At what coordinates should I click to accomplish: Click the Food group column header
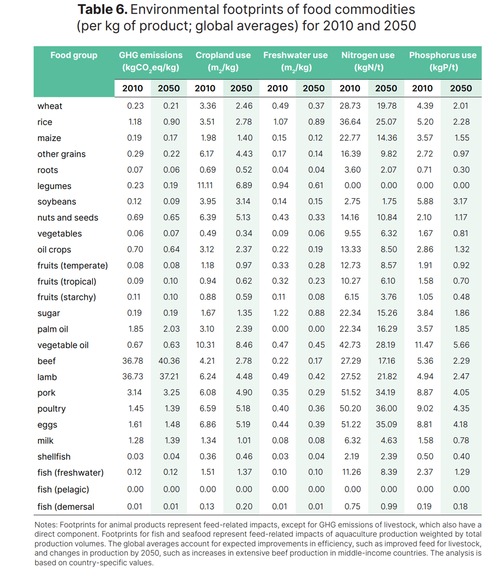point(73,55)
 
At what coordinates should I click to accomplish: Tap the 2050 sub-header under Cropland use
point(241,88)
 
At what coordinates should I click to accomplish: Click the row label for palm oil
point(53,329)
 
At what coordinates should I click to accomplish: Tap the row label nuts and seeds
point(68,218)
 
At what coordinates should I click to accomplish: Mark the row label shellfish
point(54,457)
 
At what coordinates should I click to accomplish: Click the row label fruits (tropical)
point(66,281)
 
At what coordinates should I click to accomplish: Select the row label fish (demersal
point(66,507)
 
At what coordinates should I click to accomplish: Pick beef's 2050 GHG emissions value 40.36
point(169,361)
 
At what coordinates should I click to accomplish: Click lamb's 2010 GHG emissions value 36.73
point(133,377)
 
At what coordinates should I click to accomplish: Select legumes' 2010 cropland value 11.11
point(205,186)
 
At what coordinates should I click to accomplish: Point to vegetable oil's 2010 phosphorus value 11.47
point(424,345)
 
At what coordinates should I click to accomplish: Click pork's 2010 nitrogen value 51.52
point(350,393)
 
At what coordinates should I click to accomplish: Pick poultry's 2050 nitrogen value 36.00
point(386,409)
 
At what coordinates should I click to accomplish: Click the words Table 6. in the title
point(102,10)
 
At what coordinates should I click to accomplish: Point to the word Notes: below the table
point(46,525)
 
